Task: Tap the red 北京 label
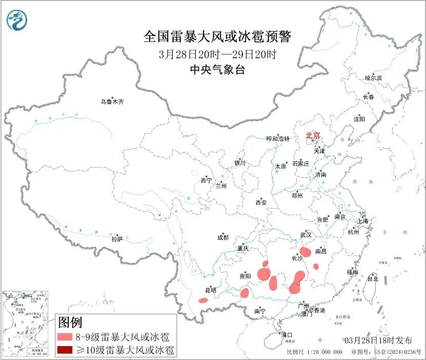tap(312, 135)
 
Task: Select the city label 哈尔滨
tap(373, 78)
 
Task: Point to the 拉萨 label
tap(117, 239)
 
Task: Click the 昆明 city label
tap(211, 290)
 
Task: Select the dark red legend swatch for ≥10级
tap(64, 350)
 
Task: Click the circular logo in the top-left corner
tap(17, 19)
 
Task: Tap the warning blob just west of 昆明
tap(204, 300)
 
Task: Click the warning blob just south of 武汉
tap(306, 252)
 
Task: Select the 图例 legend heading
tap(70, 323)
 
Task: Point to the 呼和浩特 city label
tap(278, 139)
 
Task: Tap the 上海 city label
tap(363, 221)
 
